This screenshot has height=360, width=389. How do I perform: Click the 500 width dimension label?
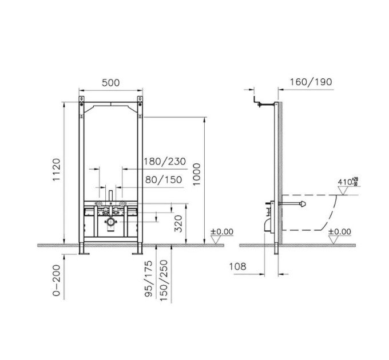pos(110,83)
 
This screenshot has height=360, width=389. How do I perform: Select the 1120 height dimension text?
pos(57,170)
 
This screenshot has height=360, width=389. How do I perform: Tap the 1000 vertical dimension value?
pos(196,174)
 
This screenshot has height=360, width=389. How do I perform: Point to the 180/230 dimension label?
pos(165,162)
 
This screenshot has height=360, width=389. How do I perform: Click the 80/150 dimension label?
pos(164,179)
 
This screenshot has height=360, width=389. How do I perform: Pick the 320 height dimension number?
pos(178,224)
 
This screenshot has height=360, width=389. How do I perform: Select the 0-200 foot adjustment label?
pos(57,280)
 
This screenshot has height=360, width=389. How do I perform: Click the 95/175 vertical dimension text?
pos(148,279)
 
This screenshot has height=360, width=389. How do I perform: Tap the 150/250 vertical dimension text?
pos(164,281)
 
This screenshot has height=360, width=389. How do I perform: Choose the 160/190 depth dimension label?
pos(311,82)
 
